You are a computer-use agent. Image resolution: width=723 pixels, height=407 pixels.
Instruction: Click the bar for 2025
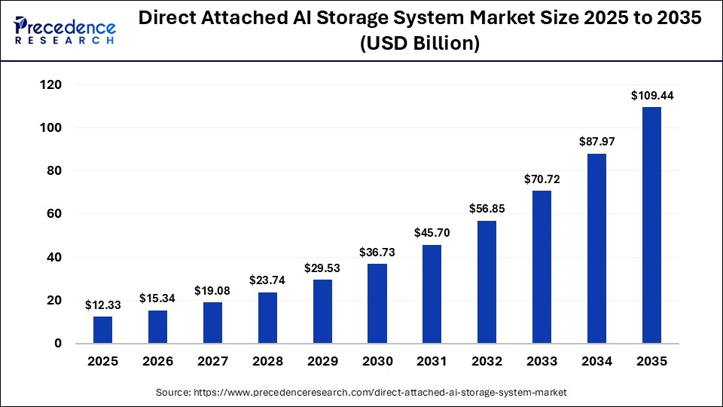103,329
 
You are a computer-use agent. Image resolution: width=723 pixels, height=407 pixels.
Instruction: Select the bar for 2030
377,303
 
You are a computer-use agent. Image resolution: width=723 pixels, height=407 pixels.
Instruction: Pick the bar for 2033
542,267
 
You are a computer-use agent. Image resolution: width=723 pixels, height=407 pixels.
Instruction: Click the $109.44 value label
651,96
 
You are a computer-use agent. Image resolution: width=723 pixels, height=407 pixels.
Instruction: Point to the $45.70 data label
432,233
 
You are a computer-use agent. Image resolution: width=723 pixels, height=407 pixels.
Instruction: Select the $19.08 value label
213,290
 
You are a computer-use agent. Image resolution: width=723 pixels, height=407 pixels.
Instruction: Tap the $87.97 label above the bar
596,142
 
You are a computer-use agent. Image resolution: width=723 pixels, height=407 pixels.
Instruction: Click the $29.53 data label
322,268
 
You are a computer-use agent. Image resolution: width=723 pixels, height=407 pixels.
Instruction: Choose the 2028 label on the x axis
267,362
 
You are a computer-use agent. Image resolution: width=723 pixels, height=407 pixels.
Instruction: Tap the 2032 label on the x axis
487,362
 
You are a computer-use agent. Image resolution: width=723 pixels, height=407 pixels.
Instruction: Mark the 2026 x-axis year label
158,362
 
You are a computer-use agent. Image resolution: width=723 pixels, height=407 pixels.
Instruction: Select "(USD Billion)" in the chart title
419,44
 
